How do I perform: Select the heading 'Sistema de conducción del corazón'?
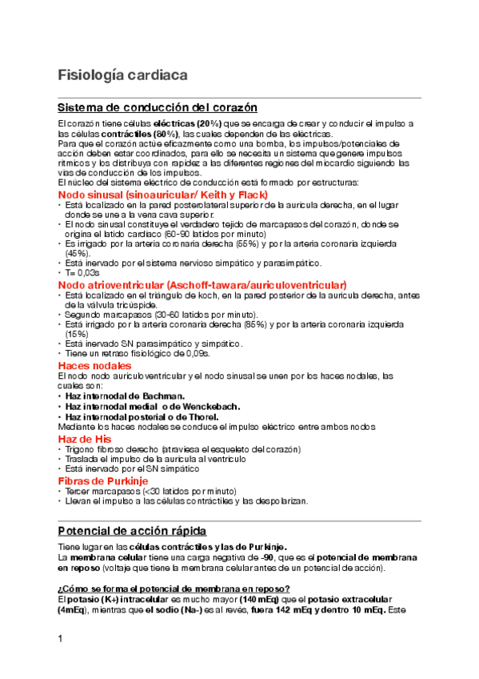pos(158,107)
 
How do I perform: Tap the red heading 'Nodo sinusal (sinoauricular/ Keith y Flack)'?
pos(162,195)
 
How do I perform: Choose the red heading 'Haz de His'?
pos(84,440)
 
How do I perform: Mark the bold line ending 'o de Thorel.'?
pos(142,416)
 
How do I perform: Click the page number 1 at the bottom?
pos(61,638)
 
